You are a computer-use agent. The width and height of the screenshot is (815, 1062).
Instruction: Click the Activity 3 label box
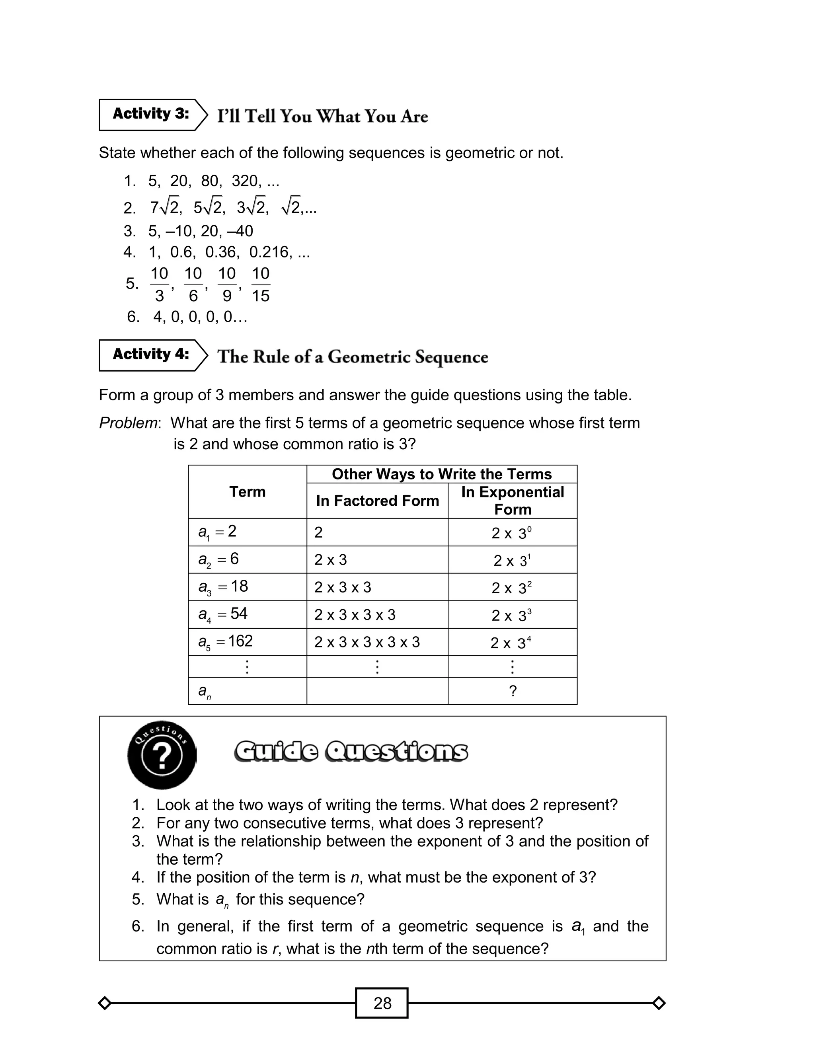click(150, 115)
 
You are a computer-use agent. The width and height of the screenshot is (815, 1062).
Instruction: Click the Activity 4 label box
click(150, 355)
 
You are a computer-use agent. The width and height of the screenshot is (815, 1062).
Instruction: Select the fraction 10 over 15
click(261, 284)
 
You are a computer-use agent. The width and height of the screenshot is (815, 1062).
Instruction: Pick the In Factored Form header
click(377, 501)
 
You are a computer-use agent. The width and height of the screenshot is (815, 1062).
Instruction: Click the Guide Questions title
click(351, 752)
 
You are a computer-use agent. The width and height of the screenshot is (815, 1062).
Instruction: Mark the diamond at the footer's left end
click(105, 1003)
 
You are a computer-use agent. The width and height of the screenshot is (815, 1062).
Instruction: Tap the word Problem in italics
click(128, 423)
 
